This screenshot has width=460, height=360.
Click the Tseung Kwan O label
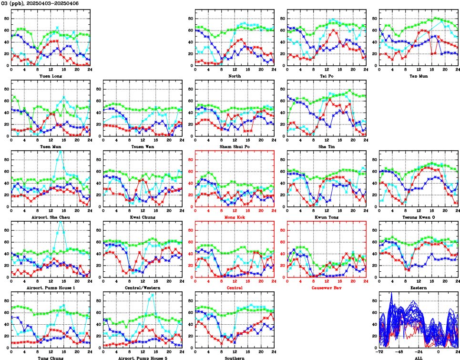418,217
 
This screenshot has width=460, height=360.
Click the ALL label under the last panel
418,358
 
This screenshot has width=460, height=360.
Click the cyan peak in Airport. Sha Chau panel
60,151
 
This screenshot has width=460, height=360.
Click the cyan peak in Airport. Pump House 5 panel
153,294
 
